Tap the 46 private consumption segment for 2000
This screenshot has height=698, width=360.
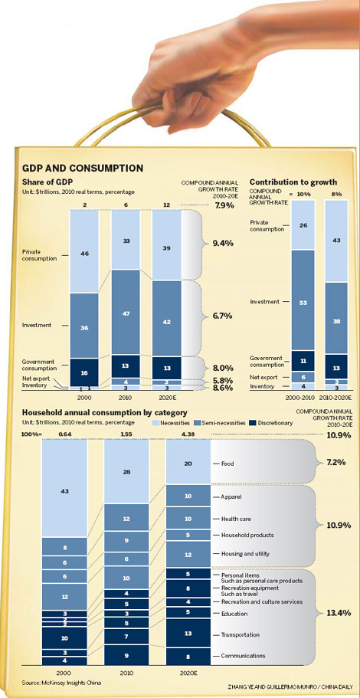83,251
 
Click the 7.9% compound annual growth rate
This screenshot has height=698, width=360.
224,205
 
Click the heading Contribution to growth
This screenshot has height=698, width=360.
293,181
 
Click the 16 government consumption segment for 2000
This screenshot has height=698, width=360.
83,372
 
